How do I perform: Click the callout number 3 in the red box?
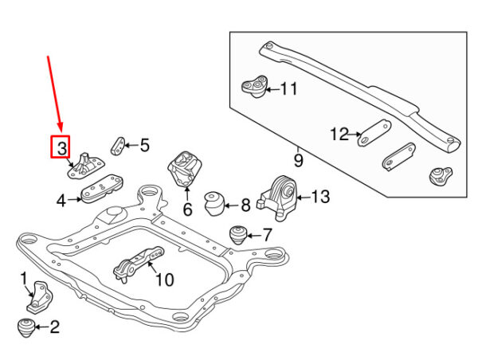coord(61,148)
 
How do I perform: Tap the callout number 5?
coord(144,145)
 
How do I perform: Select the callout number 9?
coord(299,161)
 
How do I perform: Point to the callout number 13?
coord(320,197)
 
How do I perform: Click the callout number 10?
coord(165,280)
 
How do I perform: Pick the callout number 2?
coord(54,327)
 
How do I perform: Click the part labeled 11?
coord(254,86)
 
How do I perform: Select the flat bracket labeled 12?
coord(374,133)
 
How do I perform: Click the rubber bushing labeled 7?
coord(238,235)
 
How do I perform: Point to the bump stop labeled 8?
coord(214,203)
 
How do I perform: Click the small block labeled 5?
coord(117,147)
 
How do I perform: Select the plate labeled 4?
coord(102,189)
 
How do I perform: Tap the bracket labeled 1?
coord(40,297)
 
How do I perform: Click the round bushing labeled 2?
coord(25,327)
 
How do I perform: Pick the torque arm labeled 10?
coord(139,264)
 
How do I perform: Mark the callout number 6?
coord(187,209)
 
